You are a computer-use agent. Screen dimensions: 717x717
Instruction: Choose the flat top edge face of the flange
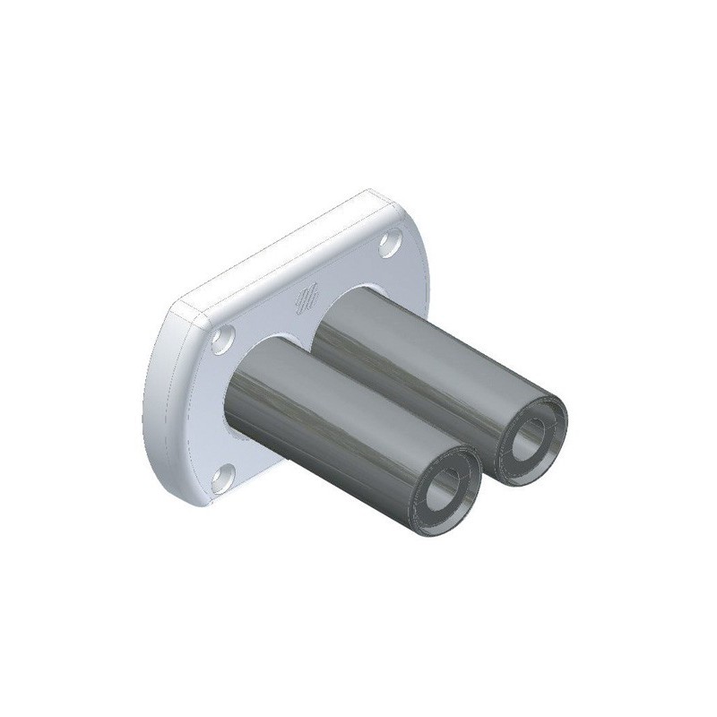[269, 246]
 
